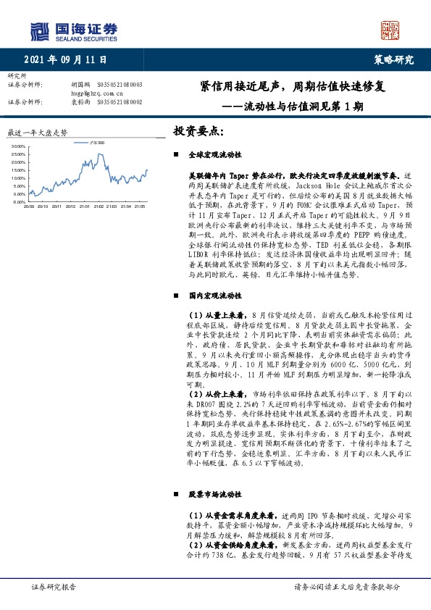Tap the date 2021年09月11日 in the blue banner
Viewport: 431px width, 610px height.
coord(70,59)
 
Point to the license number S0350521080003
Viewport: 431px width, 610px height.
coord(120,85)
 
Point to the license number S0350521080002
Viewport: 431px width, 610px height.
coord(120,102)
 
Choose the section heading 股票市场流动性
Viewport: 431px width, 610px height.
coord(214,494)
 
